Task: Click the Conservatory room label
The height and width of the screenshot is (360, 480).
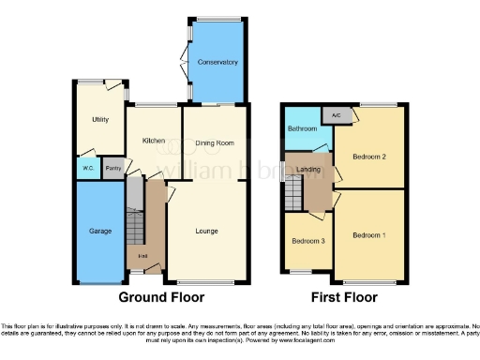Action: [217, 62]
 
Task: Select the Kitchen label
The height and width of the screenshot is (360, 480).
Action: [154, 141]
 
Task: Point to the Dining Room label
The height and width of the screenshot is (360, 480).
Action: [216, 142]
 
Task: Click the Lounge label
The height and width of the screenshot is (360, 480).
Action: [207, 230]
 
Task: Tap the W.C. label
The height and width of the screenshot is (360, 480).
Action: [87, 169]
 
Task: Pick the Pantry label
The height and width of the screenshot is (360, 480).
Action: [112, 169]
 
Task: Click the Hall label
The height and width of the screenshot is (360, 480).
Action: [143, 256]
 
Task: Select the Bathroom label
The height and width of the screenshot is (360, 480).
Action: [302, 128]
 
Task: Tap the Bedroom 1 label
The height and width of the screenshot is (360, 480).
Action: [370, 234]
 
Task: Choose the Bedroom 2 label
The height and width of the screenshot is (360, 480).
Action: [370, 157]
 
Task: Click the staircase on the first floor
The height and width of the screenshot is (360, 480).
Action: [293, 194]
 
